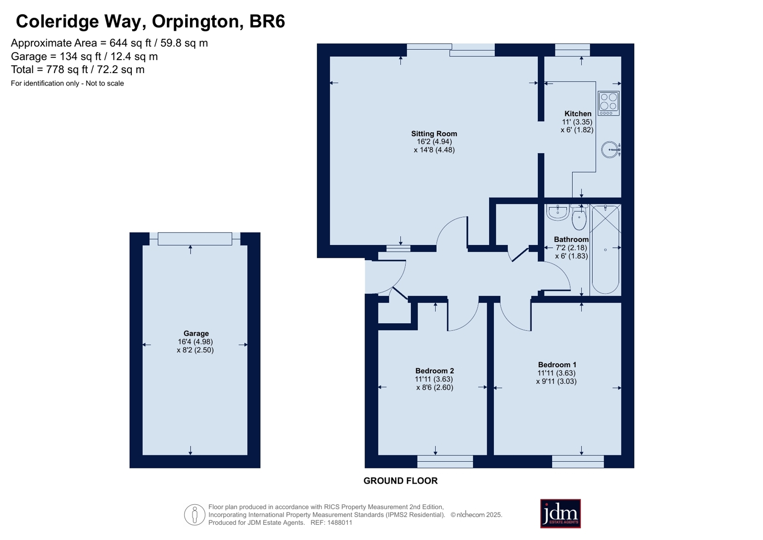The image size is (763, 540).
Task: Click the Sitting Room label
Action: tap(434, 134)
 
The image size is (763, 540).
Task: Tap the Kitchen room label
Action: tap(578, 114)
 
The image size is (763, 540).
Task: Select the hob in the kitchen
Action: tap(608, 103)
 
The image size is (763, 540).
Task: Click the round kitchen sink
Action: tap(610, 149)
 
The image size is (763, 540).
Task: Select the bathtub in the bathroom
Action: tap(605, 249)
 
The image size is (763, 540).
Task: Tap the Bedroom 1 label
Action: tap(557, 365)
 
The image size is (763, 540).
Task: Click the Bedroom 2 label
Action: tap(435, 371)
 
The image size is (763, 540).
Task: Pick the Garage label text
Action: tap(196, 333)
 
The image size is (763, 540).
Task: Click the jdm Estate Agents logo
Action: tap(560, 514)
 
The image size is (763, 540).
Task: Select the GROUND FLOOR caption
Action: tap(400, 481)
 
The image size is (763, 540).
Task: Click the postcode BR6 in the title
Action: tap(267, 21)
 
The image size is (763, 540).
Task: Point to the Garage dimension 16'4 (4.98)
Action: tap(195, 341)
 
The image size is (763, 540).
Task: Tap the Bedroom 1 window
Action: tap(578, 461)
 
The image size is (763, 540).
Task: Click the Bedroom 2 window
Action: tap(445, 461)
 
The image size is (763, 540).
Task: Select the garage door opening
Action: tap(195, 239)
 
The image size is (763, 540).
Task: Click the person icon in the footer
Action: tap(195, 515)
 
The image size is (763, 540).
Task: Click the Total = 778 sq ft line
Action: tap(78, 70)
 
